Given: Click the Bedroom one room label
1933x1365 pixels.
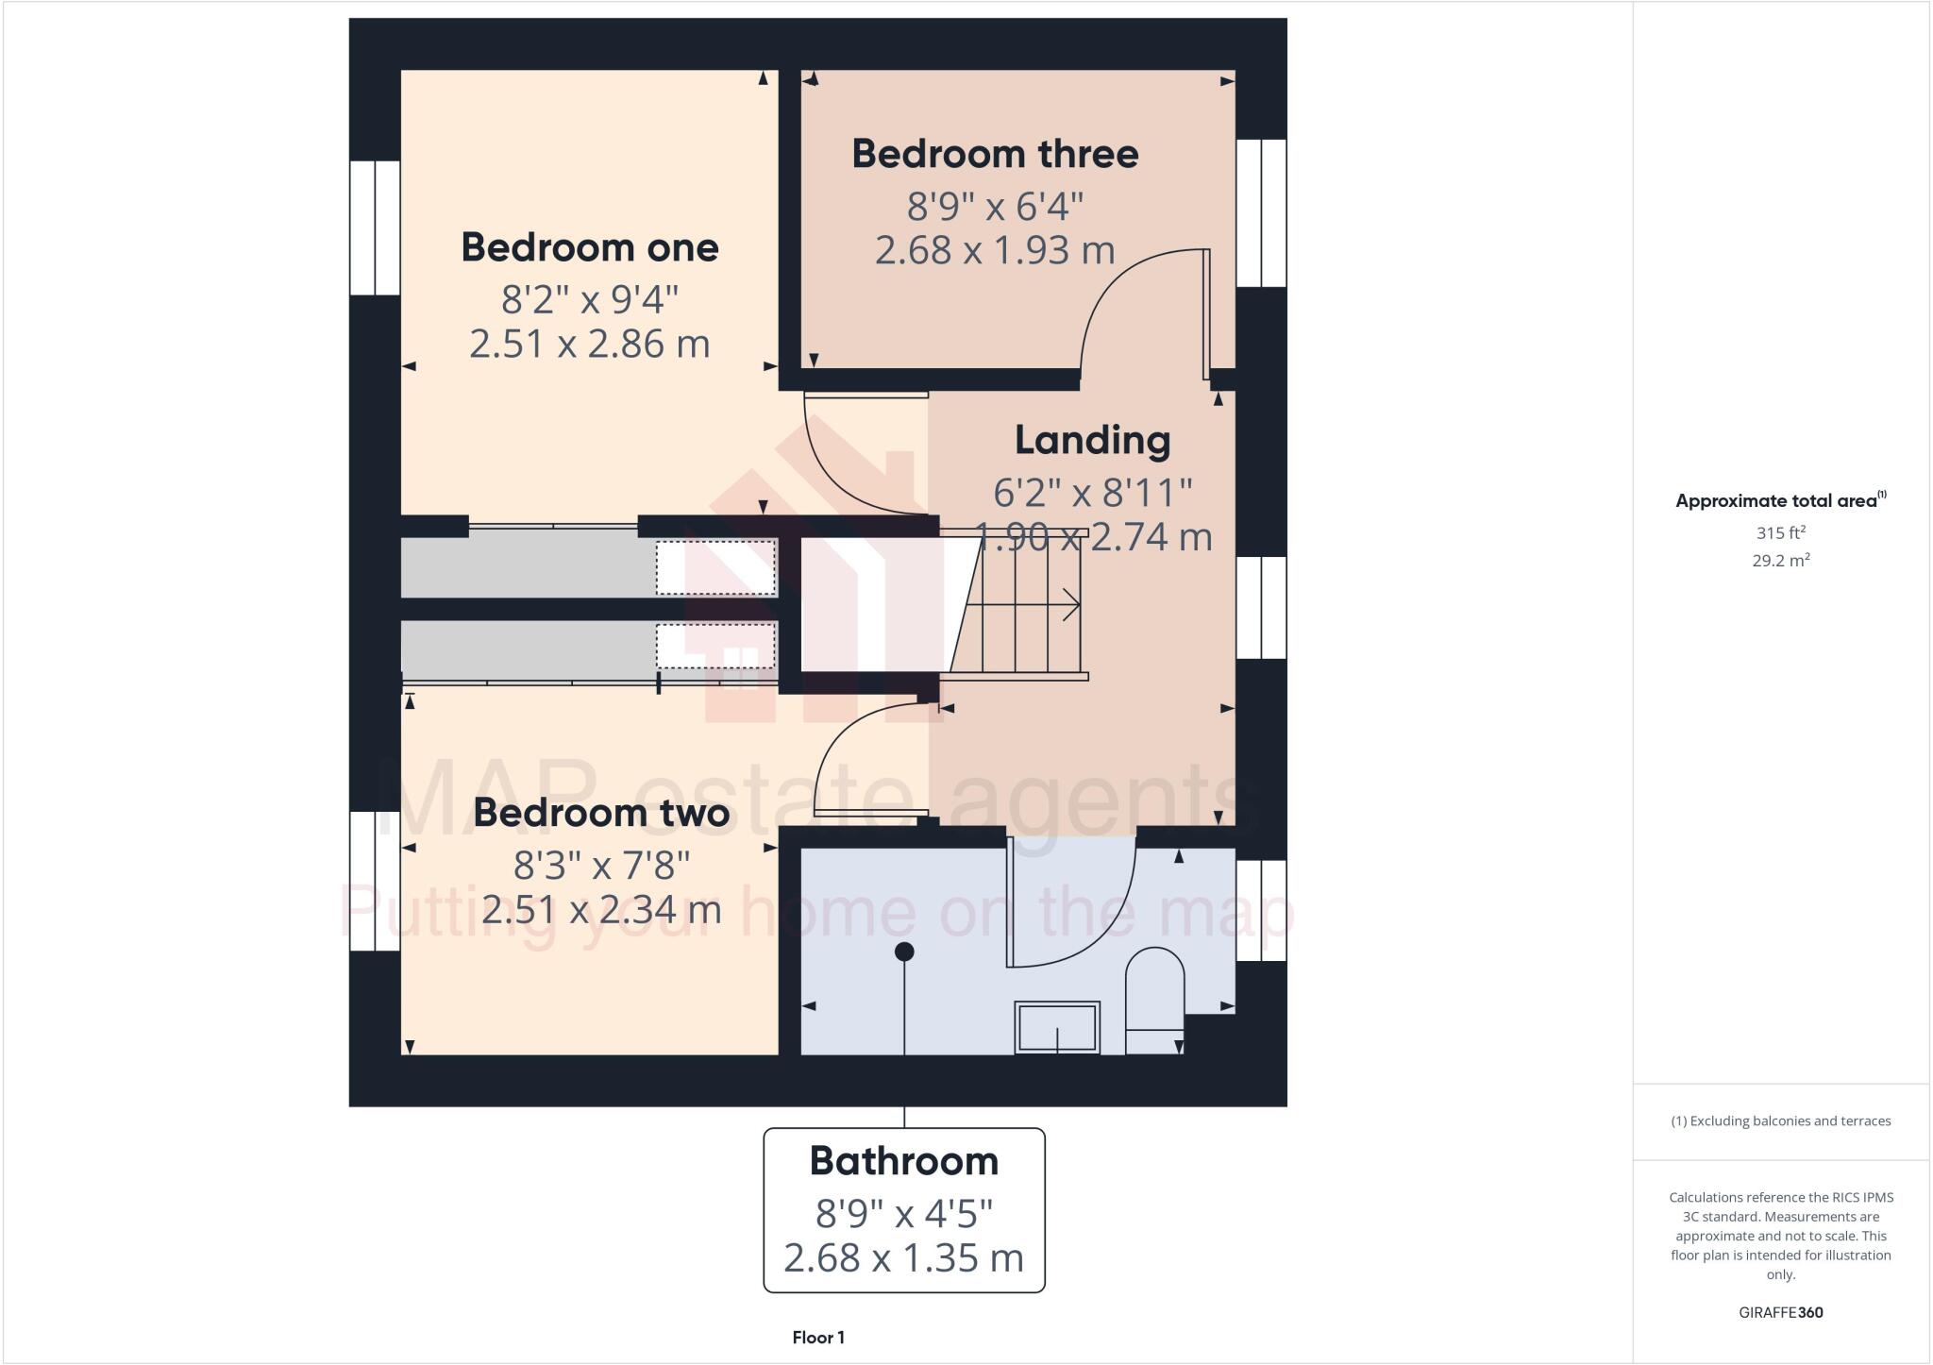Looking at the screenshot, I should (x=590, y=247).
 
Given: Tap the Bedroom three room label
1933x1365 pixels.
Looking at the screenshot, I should (x=995, y=154).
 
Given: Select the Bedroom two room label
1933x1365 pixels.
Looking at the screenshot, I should (x=601, y=813).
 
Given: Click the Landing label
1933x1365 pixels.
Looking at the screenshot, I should (x=1092, y=440).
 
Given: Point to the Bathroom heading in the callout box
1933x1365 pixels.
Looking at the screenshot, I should (x=903, y=1161).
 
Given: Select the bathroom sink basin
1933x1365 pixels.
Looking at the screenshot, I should (x=1057, y=1026).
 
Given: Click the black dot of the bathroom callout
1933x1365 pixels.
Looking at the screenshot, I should (x=904, y=952).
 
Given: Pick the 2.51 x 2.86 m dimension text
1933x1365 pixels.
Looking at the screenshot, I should (x=590, y=344).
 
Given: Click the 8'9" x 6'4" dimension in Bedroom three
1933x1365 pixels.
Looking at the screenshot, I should (x=995, y=205).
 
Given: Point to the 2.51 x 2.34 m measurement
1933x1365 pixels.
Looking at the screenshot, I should (x=601, y=910).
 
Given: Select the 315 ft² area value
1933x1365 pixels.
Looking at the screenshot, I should (x=1780, y=533).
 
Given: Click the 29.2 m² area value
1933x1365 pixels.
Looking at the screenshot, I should (x=1780, y=561).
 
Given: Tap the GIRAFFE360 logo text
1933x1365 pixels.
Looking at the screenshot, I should (x=1780, y=1312).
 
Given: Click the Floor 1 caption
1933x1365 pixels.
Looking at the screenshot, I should (x=818, y=1338).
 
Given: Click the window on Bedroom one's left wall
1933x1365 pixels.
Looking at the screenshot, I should (x=375, y=227).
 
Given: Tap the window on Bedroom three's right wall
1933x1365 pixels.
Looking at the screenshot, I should (x=1261, y=213).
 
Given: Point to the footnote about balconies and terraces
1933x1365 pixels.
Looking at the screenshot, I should (x=1780, y=1121).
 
